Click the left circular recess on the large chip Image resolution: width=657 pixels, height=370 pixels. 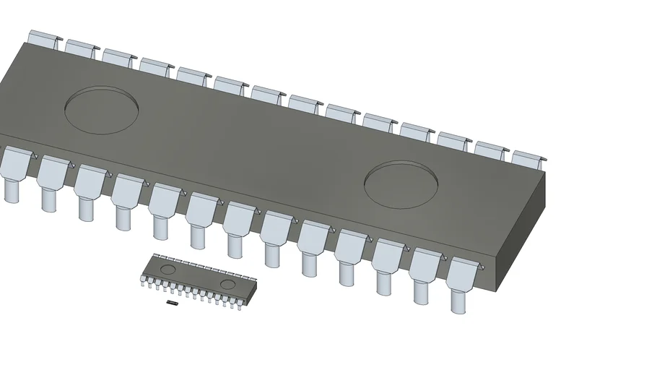102,110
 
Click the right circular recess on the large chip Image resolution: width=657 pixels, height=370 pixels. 401,184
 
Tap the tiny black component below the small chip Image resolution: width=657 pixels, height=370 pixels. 172,304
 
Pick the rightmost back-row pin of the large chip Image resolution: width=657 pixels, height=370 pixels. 530,159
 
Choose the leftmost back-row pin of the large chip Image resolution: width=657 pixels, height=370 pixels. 43,39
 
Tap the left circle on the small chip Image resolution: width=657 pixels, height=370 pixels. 167,269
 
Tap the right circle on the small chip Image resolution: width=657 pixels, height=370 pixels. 228,284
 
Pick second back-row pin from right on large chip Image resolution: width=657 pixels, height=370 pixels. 492,150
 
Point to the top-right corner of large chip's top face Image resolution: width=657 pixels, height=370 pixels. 545,172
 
